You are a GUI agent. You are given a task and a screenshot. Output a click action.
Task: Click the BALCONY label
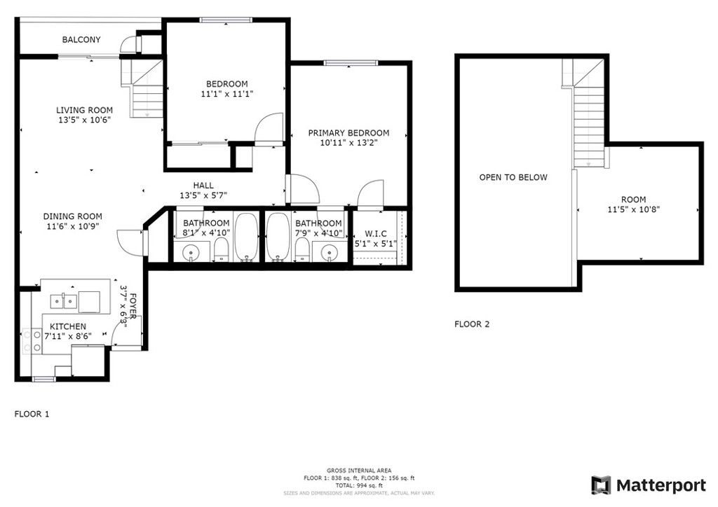click(x=81, y=40)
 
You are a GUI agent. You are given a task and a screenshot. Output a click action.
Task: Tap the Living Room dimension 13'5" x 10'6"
click(x=84, y=120)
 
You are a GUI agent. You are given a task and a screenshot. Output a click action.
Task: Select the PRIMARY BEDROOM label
click(x=348, y=133)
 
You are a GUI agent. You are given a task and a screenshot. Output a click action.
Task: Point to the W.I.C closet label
click(x=376, y=234)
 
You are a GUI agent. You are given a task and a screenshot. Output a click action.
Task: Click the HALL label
click(x=203, y=186)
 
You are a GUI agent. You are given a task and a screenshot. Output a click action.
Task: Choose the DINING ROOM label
click(x=72, y=216)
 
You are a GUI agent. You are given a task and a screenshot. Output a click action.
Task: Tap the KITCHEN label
click(x=68, y=326)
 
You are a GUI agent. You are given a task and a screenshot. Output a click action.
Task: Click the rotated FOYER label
click(x=133, y=306)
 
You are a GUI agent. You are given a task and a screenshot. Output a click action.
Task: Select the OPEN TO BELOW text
click(x=513, y=177)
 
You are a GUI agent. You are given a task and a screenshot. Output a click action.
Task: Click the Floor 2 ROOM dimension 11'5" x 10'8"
click(x=633, y=210)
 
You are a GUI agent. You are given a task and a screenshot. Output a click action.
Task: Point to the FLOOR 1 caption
click(x=32, y=414)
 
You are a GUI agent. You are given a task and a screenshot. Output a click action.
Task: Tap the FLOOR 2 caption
click(x=472, y=324)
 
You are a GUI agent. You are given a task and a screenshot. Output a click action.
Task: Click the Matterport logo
click(x=649, y=485)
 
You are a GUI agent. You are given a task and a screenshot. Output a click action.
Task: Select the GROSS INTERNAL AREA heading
click(x=359, y=471)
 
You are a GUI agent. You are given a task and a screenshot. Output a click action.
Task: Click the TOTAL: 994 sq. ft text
click(x=359, y=485)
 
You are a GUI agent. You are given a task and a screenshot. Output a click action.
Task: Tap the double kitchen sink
click(x=63, y=301)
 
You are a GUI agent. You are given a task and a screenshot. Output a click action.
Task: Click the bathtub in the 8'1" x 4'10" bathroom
click(x=246, y=237)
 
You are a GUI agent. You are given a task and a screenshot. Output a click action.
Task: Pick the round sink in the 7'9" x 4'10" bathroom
click(x=329, y=252)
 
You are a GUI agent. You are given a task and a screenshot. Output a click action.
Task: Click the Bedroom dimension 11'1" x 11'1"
click(x=227, y=94)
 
